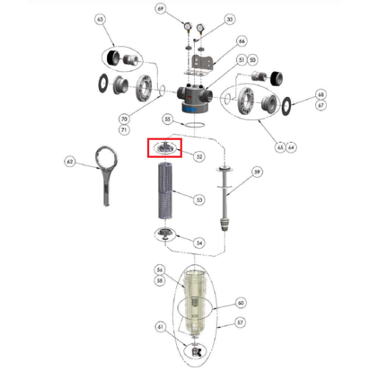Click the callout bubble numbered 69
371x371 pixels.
tap(161, 9)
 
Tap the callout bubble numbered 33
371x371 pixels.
tap(230, 19)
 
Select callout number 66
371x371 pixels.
tap(242, 41)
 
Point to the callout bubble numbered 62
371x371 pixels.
tap(69, 162)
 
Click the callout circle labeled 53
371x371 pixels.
tap(199, 200)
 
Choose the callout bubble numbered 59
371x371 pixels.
tap(257, 172)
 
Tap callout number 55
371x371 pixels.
tap(168, 119)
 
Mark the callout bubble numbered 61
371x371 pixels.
tap(161, 327)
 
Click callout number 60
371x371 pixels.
tap(240, 303)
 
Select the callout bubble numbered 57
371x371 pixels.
tap(240, 322)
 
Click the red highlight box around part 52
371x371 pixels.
tap(165, 138)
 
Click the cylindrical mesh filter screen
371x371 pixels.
tap(166, 190)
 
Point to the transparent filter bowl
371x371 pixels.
tap(195, 302)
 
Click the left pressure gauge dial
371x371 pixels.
tap(188, 25)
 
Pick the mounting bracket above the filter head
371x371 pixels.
tap(200, 65)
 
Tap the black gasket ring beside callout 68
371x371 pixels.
tap(286, 106)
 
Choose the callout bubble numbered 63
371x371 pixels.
tap(100, 19)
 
